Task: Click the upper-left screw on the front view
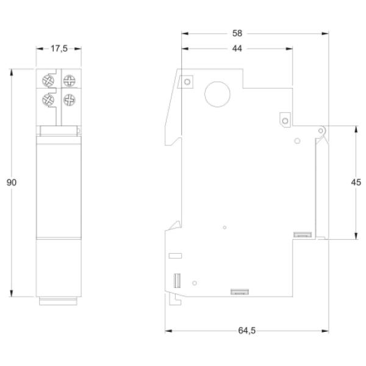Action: (48, 81)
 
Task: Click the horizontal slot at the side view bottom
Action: (239, 292)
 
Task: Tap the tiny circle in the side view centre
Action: (224, 228)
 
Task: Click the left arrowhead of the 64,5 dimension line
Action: (169, 331)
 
